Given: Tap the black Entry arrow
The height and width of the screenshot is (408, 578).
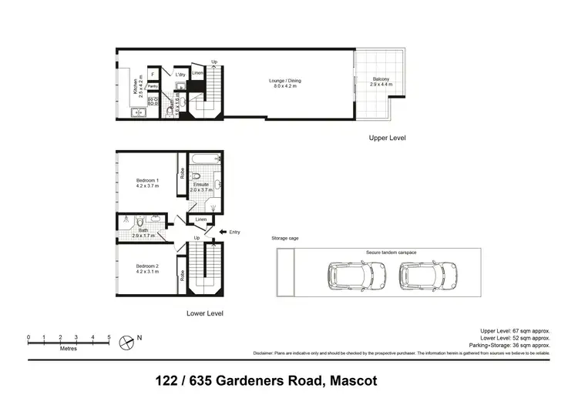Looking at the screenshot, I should tap(223, 232).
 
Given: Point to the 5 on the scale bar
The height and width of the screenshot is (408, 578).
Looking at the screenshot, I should tap(109, 337).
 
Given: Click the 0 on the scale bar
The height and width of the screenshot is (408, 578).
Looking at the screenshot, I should tap(29, 337).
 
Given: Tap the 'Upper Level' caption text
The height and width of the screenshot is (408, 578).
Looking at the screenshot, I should tap(387, 138).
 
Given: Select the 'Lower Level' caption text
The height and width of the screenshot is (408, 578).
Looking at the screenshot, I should tap(205, 314).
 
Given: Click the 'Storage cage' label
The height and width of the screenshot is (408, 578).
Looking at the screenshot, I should tap(284, 239).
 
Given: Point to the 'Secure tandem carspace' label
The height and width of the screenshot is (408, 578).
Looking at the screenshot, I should tap(391, 252).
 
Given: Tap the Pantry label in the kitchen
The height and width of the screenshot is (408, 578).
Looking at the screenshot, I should tap(153, 86).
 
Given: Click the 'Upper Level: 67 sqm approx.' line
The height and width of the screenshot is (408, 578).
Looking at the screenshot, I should tap(515, 330).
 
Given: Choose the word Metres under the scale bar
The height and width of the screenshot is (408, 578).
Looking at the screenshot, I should tap(70, 348).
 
